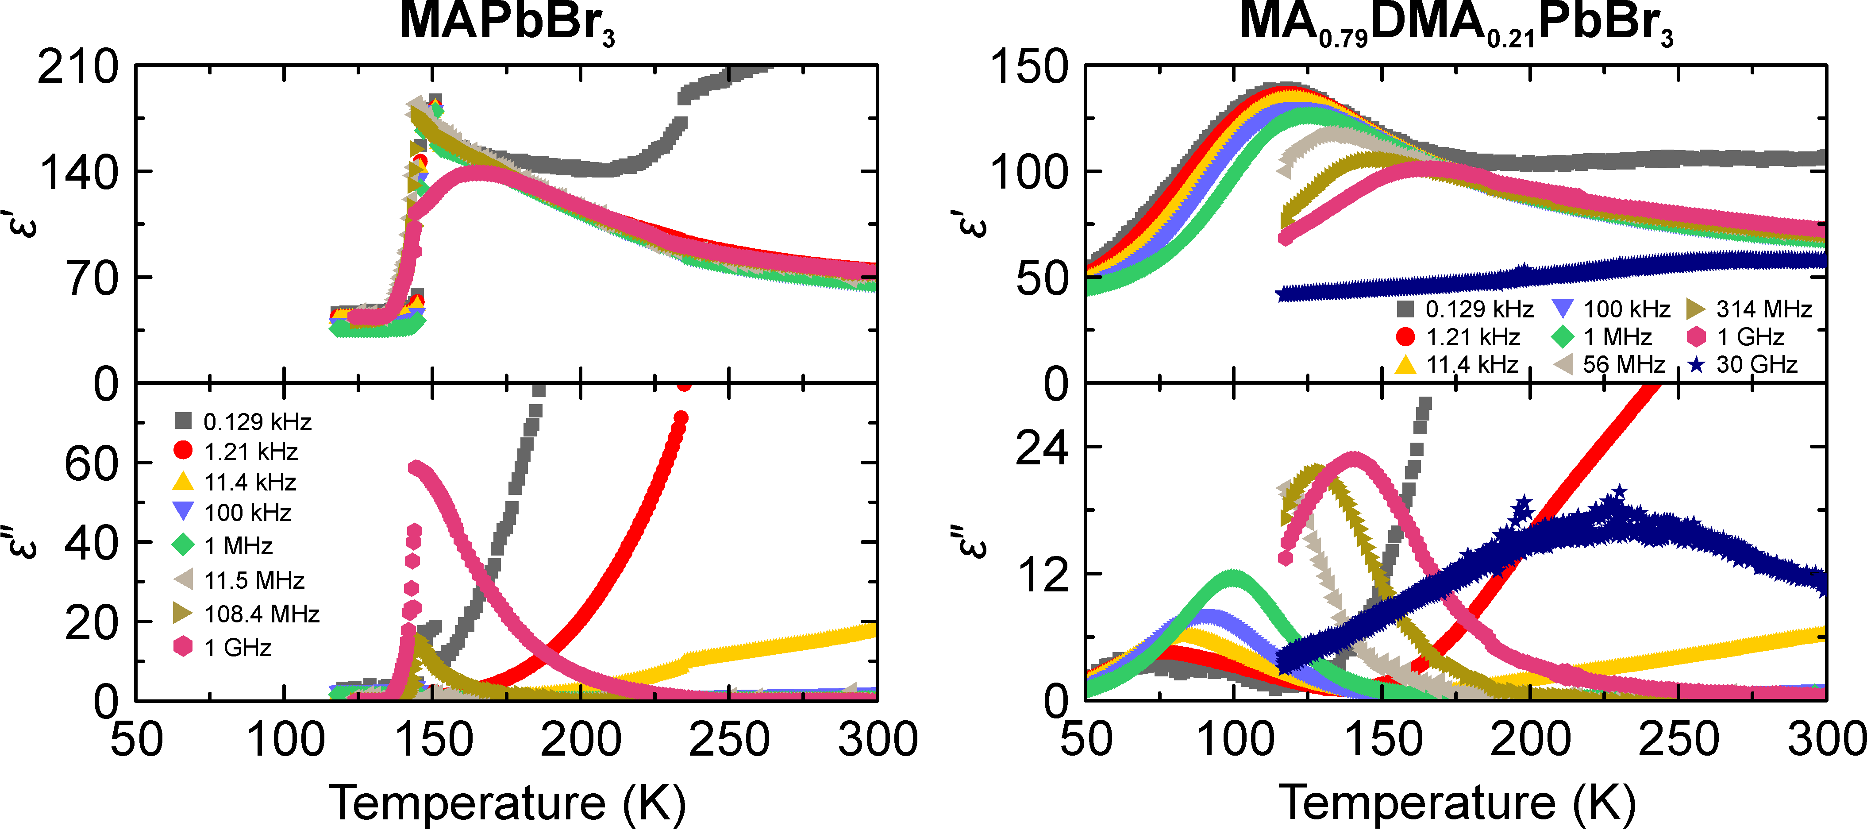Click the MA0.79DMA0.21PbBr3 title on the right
point(1457,23)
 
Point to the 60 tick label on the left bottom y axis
point(91,464)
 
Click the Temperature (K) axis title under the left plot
point(507,803)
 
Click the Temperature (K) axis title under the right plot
point(1457,803)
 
